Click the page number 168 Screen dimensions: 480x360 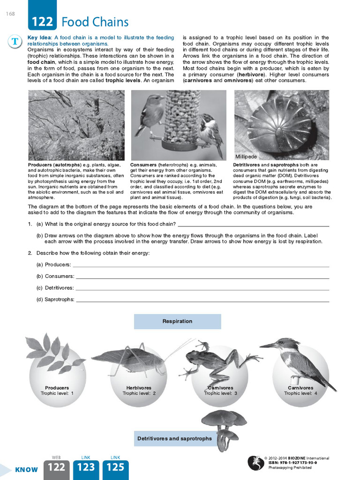[10, 14]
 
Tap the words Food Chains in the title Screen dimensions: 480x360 [95, 22]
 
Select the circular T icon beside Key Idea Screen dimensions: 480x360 [15, 42]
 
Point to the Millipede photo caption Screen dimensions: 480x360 [246, 157]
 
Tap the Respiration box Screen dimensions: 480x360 [177, 322]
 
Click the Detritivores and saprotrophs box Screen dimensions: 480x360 [174, 439]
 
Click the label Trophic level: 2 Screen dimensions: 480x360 [139, 393]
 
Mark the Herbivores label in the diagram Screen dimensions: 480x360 [139, 388]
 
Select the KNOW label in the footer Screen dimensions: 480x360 [26, 470]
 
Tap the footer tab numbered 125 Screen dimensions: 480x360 [115, 467]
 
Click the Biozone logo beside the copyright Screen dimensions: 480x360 [255, 463]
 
